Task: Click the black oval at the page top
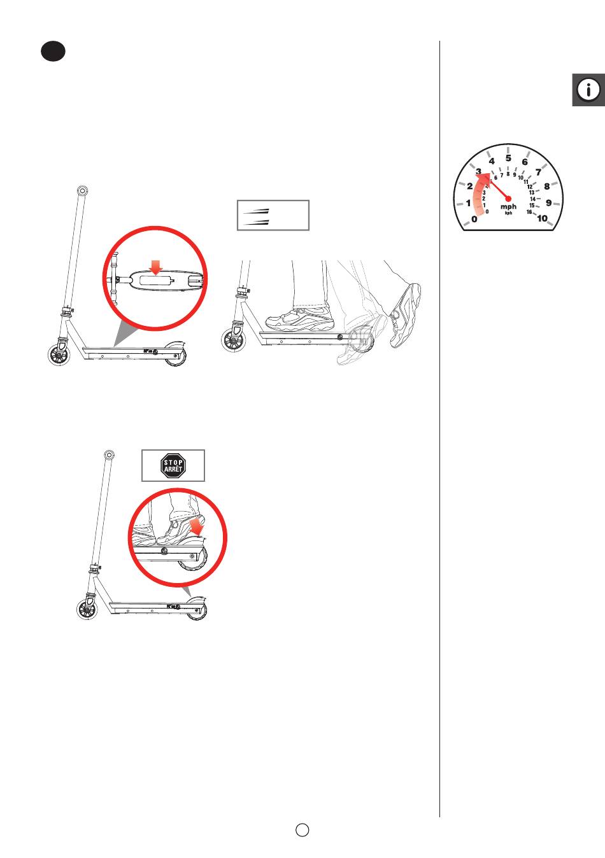pyautogui.click(x=53, y=52)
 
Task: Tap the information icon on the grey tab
pyautogui.click(x=588, y=90)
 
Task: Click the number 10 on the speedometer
pyautogui.click(x=542, y=218)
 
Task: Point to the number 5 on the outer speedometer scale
pyautogui.click(x=508, y=158)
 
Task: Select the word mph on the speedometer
pyautogui.click(x=508, y=206)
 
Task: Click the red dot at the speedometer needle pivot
pyautogui.click(x=508, y=199)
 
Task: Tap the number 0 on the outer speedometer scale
pyautogui.click(x=474, y=219)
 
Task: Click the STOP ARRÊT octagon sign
pyautogui.click(x=173, y=465)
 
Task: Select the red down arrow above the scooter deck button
pyautogui.click(x=155, y=267)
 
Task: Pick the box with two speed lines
pyautogui.click(x=273, y=215)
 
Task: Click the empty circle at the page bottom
pyautogui.click(x=302, y=829)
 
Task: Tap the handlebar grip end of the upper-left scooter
pyautogui.click(x=82, y=191)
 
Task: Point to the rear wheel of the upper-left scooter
pyautogui.click(x=176, y=355)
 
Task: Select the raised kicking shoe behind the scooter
pyautogui.click(x=404, y=315)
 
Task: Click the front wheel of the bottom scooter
pyautogui.click(x=87, y=609)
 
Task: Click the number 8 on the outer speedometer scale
pyautogui.click(x=547, y=186)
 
